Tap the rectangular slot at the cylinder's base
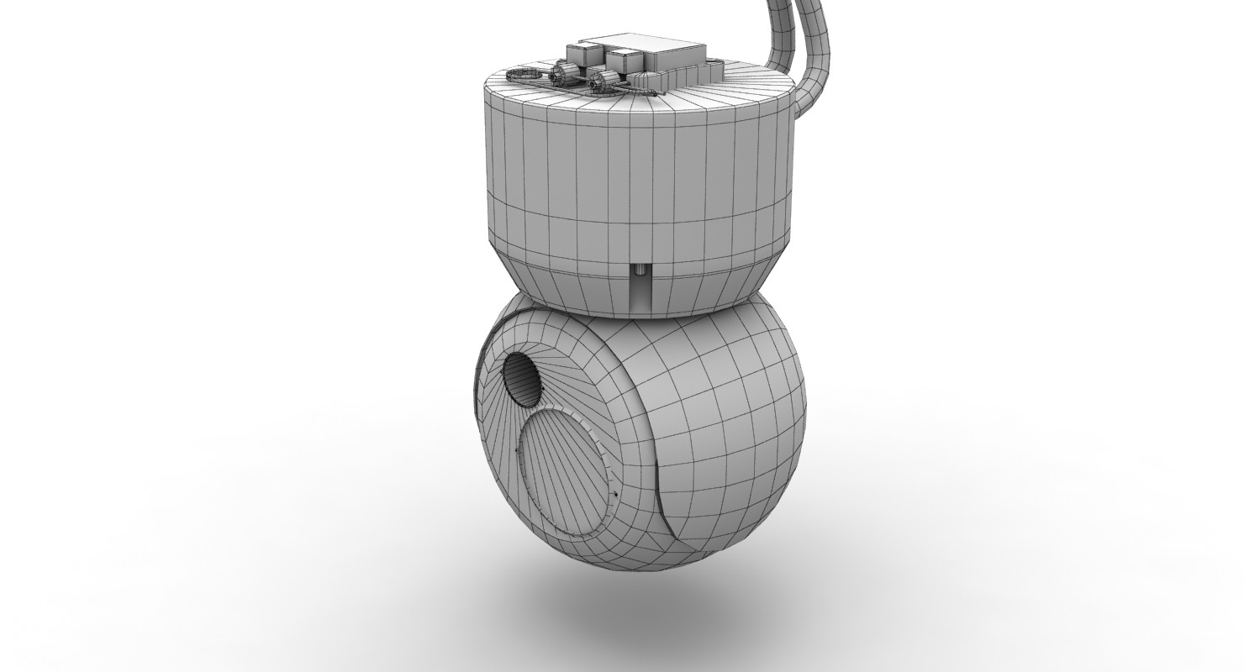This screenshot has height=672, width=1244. [x=641, y=291]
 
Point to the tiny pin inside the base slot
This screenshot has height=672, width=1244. [x=640, y=270]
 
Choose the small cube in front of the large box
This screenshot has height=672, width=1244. [x=624, y=63]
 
